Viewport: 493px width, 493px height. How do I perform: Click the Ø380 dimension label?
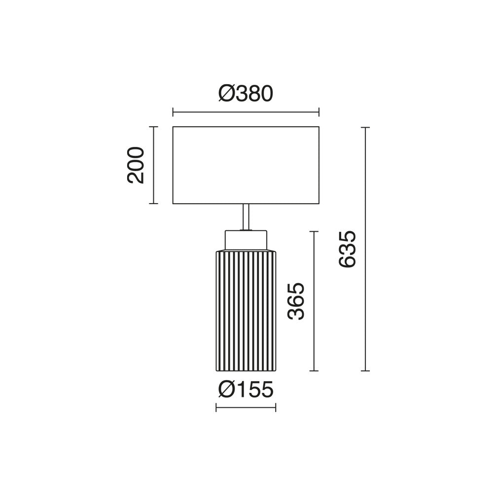click(246, 94)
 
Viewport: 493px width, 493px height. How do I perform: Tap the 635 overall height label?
click(348, 249)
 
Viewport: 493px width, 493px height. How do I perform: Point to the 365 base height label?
click(296, 301)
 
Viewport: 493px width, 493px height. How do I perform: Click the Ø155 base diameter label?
click(246, 390)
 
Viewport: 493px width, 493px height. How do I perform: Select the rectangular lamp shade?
click(246, 165)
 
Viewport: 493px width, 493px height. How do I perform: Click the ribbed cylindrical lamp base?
click(246, 311)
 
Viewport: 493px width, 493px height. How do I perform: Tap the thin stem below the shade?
click(246, 216)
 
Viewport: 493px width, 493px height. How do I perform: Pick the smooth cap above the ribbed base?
click(246, 240)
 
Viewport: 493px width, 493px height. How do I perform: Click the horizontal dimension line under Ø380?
click(246, 112)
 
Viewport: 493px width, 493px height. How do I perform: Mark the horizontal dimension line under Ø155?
click(246, 407)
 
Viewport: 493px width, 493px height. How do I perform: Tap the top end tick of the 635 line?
click(365, 127)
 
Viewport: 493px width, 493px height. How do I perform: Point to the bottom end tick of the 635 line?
click(365, 371)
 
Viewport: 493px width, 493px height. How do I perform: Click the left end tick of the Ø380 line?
click(173, 112)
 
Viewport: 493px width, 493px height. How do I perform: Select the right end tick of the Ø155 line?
click(276, 407)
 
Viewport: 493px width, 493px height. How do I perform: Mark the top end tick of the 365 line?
click(314, 231)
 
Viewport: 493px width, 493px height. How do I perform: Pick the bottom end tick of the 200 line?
click(154, 203)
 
